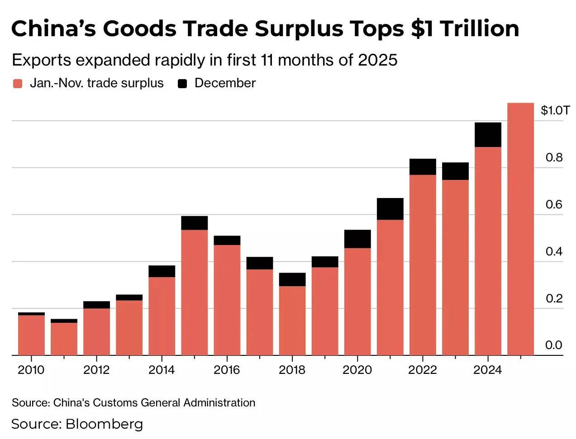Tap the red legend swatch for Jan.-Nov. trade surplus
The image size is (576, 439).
tap(18, 84)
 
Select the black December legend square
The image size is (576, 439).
tap(182, 84)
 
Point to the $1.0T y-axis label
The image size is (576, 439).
tap(555, 110)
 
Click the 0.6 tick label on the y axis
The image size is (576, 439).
tap(554, 204)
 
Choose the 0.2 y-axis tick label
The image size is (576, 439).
tap(554, 298)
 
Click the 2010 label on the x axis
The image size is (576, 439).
tap(31, 370)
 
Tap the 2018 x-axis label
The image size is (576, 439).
tap(292, 370)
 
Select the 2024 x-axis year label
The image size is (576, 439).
tap(487, 370)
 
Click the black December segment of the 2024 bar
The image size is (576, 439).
tap(488, 135)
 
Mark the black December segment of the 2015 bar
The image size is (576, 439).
tap(194, 223)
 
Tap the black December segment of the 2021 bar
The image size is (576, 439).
tap(390, 209)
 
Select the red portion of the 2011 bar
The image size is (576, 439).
tap(64, 339)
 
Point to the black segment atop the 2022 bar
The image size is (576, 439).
tap(423, 167)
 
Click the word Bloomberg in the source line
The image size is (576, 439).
tap(104, 424)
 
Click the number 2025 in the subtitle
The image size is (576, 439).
tap(377, 60)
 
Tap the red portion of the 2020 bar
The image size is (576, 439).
tap(357, 301)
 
